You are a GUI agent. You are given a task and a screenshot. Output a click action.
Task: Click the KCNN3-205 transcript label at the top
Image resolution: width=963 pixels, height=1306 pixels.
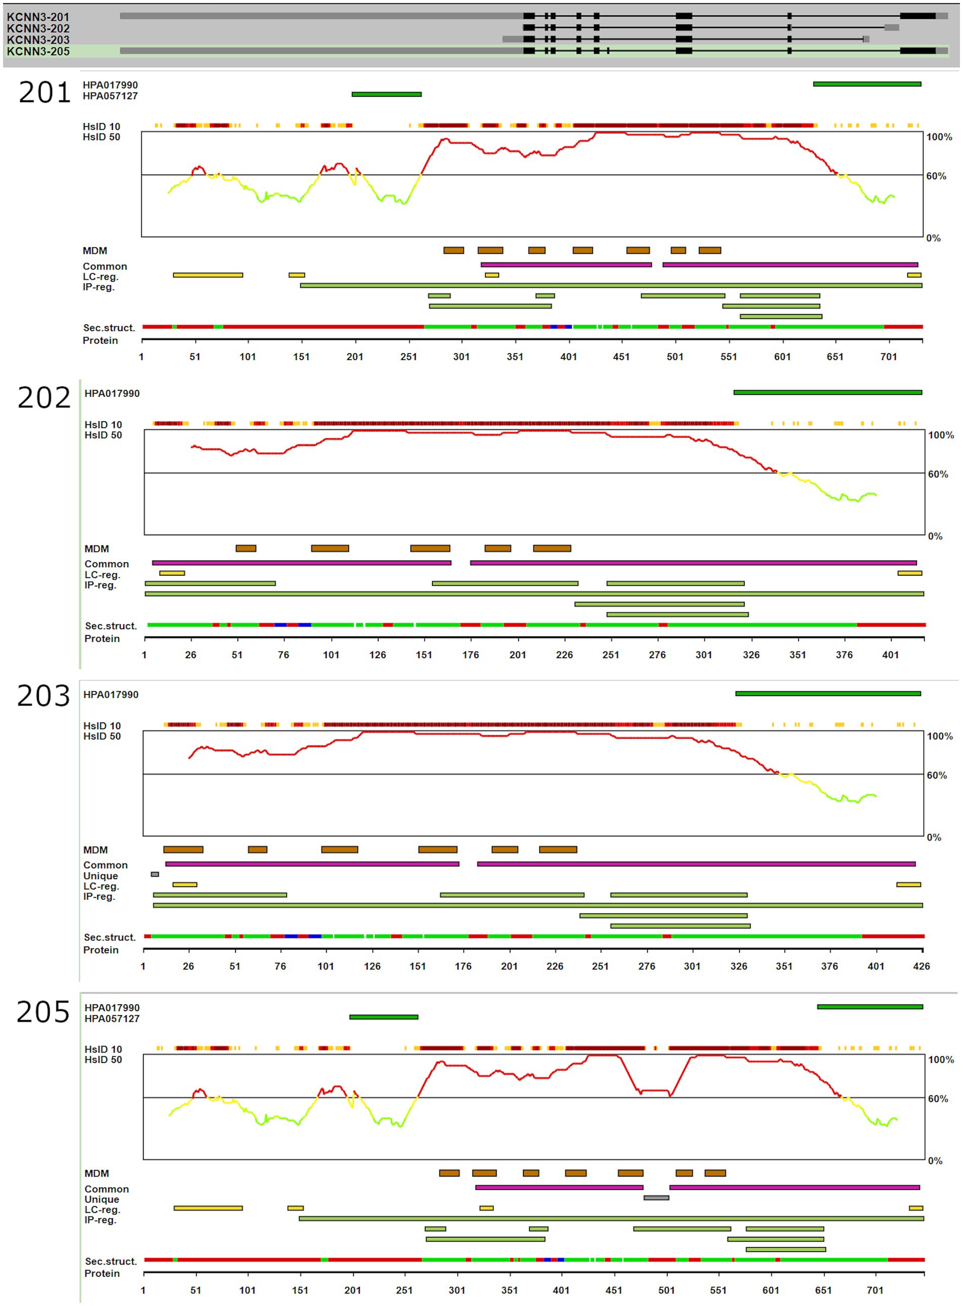(38, 51)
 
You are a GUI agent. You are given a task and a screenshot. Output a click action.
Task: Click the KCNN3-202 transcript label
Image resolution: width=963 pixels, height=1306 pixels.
(38, 28)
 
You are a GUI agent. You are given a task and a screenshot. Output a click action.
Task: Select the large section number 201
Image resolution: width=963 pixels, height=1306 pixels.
(45, 93)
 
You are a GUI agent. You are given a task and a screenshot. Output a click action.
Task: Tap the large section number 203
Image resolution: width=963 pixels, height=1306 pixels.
(43, 696)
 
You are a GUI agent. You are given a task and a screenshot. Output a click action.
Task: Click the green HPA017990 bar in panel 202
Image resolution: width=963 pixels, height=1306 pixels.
(827, 392)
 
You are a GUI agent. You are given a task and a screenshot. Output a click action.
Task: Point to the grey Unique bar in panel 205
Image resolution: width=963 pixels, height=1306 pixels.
(656, 1198)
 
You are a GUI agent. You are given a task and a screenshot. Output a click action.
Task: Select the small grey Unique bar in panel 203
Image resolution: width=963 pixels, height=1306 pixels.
(154, 874)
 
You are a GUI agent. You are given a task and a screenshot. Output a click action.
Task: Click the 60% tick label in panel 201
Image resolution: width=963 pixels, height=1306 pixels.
(936, 176)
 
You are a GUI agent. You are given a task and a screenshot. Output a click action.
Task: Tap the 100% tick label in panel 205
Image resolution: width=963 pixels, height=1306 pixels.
(940, 1059)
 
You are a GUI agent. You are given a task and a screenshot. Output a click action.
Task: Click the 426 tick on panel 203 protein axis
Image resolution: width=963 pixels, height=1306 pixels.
(921, 966)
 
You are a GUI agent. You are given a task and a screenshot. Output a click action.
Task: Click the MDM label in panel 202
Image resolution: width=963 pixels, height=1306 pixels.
(97, 548)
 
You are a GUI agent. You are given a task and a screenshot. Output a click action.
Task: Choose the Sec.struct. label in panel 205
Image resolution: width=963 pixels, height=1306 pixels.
(111, 1261)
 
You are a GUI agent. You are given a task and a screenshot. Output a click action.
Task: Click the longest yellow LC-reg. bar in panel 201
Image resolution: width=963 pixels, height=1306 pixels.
(208, 275)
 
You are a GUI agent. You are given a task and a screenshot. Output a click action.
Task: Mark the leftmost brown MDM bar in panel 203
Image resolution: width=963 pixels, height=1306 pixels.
(183, 850)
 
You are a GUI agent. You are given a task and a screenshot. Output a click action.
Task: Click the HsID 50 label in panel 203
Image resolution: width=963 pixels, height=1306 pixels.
(102, 736)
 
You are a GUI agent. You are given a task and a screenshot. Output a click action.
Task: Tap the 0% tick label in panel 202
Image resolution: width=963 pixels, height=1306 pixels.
(935, 536)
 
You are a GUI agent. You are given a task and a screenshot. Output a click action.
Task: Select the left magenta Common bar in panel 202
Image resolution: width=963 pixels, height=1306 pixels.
(301, 563)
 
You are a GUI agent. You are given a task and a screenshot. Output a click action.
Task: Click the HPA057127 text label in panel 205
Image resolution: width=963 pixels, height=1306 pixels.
(112, 1018)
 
